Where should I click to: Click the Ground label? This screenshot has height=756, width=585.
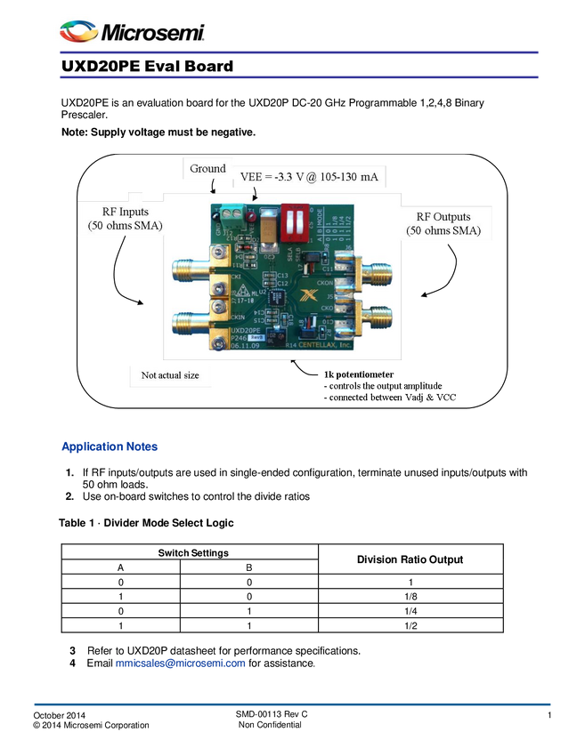[x=207, y=169]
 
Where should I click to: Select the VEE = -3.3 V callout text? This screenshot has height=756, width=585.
[x=309, y=177]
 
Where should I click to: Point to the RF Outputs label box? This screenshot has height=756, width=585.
[x=443, y=223]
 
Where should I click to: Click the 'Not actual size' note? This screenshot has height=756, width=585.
[x=170, y=375]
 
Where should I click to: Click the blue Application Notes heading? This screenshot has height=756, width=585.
[x=109, y=446]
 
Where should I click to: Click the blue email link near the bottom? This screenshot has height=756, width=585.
[x=180, y=664]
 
